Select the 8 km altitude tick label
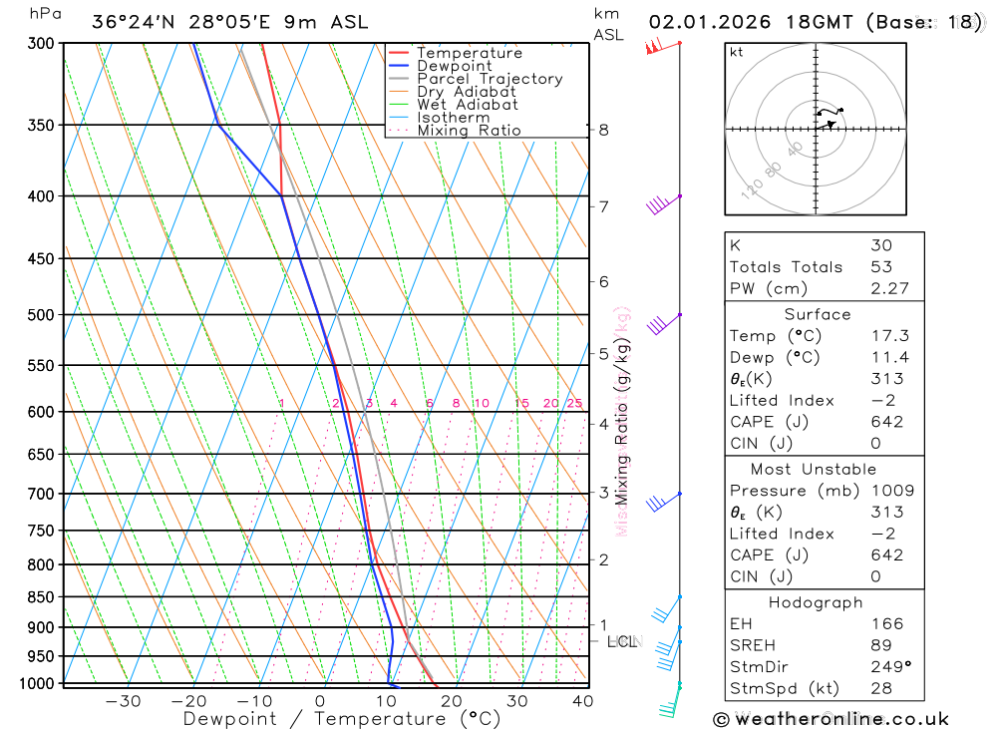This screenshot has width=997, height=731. coord(603,130)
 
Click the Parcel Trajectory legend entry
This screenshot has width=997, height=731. coord(490,79)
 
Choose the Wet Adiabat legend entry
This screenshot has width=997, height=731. coord(467,105)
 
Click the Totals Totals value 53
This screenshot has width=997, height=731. coord(881,267)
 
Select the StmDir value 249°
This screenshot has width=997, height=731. coord(889,667)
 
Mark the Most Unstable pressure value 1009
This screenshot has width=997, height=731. coord(892,491)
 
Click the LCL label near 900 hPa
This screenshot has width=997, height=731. coord(622,641)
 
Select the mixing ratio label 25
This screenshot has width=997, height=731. coord(574,403)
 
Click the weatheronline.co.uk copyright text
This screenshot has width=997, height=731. coord(831,719)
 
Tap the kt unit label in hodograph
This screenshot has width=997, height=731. coord(736,52)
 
